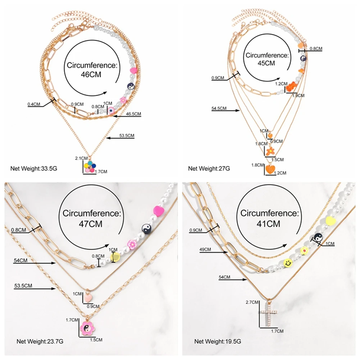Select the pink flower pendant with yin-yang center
[x=87, y=327]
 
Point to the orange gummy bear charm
[x=291, y=86]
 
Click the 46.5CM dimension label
[x=133, y=114]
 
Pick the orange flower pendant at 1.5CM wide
[x=270, y=150]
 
